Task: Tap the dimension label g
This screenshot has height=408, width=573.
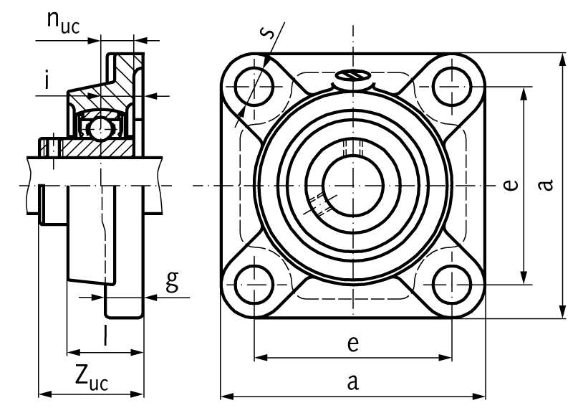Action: click(x=171, y=282)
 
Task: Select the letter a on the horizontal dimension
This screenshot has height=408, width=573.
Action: click(x=352, y=382)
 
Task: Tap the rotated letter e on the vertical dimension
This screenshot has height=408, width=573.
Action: click(x=509, y=186)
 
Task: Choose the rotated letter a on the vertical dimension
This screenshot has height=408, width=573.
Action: click(x=546, y=186)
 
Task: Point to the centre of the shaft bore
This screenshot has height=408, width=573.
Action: click(x=352, y=186)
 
